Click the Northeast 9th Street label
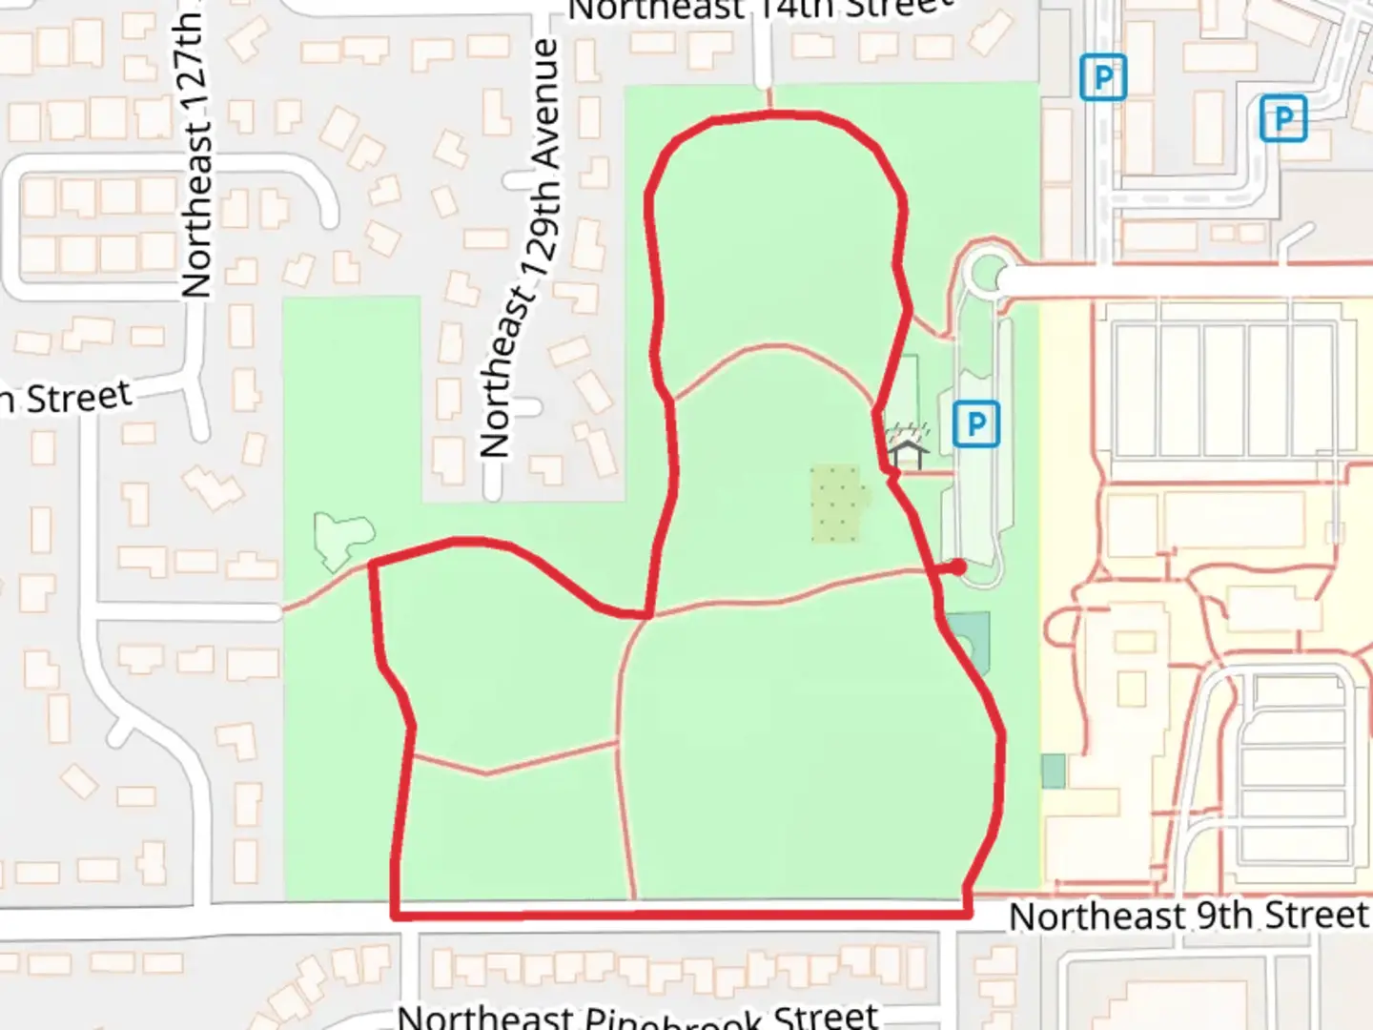(x=1188, y=916)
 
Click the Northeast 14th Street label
(x=760, y=9)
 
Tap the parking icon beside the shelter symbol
(x=975, y=423)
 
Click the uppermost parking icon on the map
(x=1103, y=77)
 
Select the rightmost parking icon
(x=1282, y=118)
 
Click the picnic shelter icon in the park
(x=907, y=452)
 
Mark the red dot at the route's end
(x=958, y=567)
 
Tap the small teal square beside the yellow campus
(x=1053, y=771)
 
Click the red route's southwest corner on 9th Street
(x=395, y=916)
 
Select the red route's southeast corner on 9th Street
(x=968, y=914)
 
